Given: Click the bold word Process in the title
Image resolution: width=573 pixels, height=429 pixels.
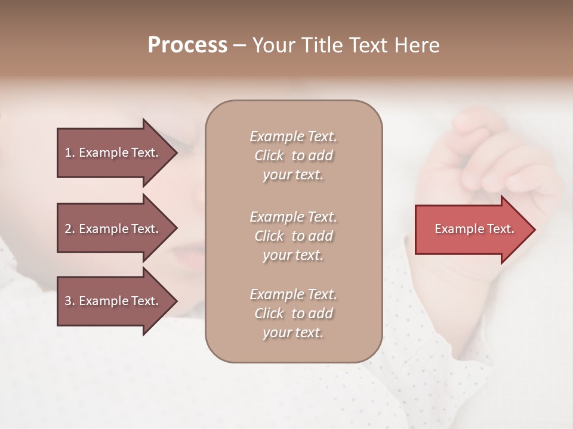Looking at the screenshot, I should [x=187, y=45].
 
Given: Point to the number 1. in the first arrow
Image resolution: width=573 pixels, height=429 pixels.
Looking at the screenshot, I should [x=69, y=153].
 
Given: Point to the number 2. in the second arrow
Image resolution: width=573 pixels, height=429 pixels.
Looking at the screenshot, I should [x=69, y=229].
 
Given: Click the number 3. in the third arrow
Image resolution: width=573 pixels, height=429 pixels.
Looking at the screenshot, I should [x=69, y=301].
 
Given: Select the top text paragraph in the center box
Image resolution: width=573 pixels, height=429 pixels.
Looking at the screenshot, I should [x=293, y=156].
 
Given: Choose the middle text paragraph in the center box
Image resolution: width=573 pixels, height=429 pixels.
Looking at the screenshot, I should [x=293, y=235].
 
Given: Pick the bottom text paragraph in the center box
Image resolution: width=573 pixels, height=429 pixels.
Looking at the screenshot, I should [x=293, y=313].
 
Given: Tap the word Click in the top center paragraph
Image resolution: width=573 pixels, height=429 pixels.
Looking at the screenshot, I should [x=269, y=156].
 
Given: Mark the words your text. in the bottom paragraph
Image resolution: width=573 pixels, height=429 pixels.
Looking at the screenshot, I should [x=293, y=332].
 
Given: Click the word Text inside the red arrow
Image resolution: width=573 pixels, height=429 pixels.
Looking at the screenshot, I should [x=501, y=229].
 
